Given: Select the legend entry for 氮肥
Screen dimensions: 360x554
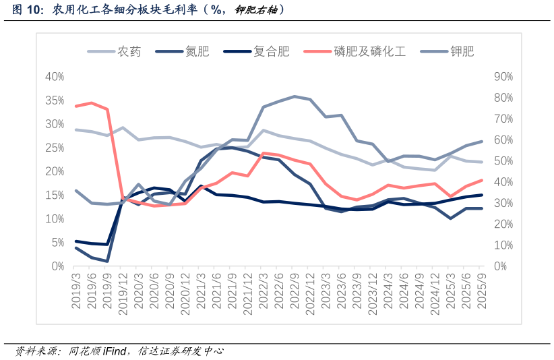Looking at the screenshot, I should pyautogui.click(x=197, y=51).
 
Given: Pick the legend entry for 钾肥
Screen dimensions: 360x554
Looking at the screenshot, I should pyautogui.click(x=462, y=51).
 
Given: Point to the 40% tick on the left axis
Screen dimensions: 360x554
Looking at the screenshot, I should pyautogui.click(x=54, y=77).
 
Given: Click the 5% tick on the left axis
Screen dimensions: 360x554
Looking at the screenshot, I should pyautogui.click(x=57, y=243).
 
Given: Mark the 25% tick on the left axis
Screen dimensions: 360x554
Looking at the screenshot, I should pyautogui.click(x=54, y=148).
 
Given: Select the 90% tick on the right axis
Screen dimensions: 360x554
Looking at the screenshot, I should pyautogui.click(x=503, y=77).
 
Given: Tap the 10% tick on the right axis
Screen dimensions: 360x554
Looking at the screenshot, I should pyautogui.click(x=503, y=245).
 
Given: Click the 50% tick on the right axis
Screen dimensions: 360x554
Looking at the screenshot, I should pyautogui.click(x=503, y=161).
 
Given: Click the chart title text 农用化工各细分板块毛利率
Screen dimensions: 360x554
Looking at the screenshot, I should pyautogui.click(x=128, y=10).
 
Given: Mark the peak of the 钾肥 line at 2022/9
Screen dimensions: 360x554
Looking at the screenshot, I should pyautogui.click(x=295, y=96).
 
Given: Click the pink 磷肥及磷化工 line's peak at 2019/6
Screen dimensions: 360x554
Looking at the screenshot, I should pyautogui.click(x=92, y=103).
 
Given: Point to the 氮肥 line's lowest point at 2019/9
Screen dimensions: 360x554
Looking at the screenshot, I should pyautogui.click(x=107, y=261).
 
